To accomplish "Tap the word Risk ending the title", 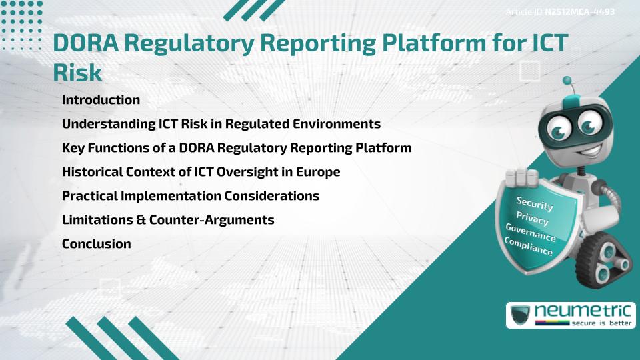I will pyautogui.click(x=77, y=73).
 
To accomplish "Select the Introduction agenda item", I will pyautogui.click(x=101, y=100).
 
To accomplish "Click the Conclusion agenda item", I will pyautogui.click(x=96, y=244).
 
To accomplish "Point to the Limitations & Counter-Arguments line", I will pyautogui.click(x=168, y=220).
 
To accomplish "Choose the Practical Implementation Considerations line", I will pyautogui.click(x=190, y=196).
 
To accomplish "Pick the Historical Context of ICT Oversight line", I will pyautogui.click(x=201, y=172).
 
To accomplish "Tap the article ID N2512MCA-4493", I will pyautogui.click(x=579, y=12).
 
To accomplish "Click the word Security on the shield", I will pyautogui.click(x=535, y=203).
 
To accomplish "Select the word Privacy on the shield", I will pyautogui.click(x=532, y=219).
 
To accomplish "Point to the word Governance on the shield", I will pyautogui.click(x=531, y=234).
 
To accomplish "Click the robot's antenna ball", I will pyautogui.click(x=567, y=81).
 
